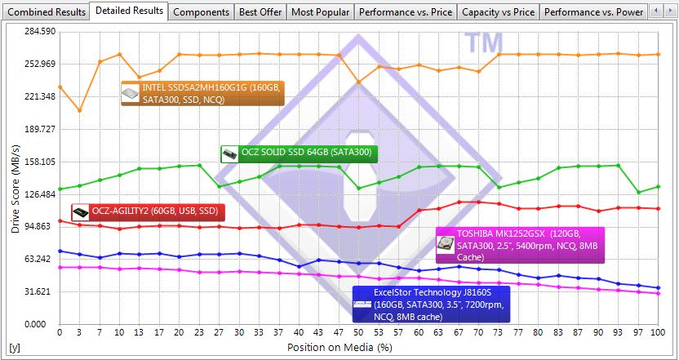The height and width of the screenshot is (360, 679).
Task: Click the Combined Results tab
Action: point(45,12)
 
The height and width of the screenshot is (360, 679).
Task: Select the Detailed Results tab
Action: point(130,11)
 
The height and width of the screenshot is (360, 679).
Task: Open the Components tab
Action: point(201,12)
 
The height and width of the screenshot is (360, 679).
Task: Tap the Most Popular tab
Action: point(320,12)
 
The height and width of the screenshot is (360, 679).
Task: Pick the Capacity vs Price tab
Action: point(498,12)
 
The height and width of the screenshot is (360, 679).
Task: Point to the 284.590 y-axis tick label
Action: point(38,31)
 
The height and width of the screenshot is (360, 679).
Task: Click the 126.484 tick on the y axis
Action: point(38,194)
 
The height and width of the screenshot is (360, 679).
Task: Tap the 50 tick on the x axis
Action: point(358,334)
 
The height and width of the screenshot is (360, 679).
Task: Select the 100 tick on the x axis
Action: point(658,334)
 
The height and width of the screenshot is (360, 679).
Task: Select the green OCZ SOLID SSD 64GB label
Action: point(299,153)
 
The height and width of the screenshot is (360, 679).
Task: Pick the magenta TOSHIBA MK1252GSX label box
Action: point(521,244)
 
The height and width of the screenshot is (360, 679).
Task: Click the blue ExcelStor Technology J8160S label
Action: point(431,303)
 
